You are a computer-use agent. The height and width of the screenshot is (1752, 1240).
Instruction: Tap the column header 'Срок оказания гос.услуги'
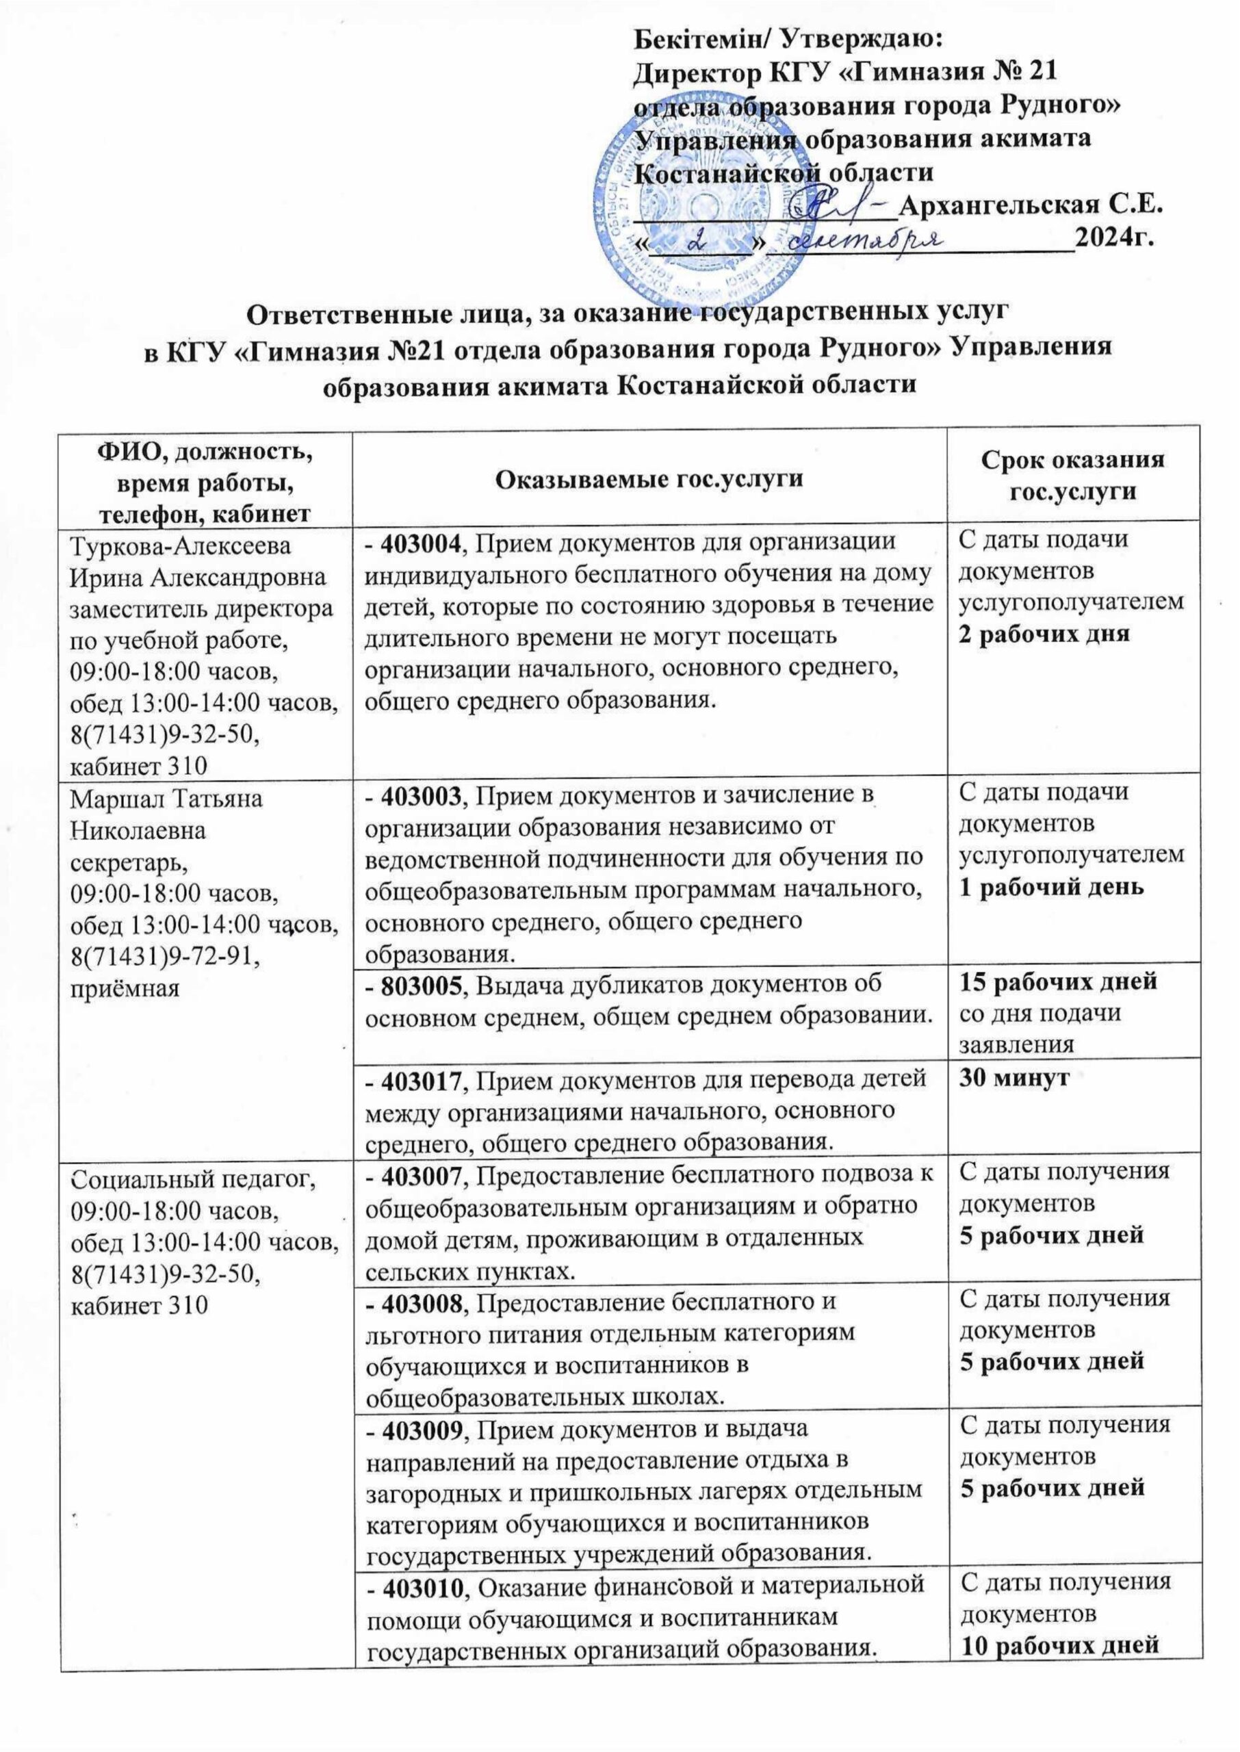[x=1072, y=476]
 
